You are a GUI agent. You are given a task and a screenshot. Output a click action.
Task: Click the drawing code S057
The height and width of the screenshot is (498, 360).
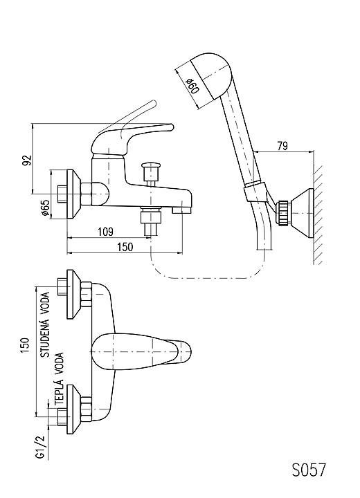309,470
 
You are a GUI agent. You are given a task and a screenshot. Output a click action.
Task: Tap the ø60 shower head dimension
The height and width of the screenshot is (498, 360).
192,86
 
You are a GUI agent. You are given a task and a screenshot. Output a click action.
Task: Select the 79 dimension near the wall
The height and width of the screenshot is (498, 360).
282,146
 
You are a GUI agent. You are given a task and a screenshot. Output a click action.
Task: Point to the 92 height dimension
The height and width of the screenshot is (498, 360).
28,160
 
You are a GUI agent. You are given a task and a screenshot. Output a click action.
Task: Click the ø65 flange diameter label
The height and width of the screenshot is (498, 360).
46,209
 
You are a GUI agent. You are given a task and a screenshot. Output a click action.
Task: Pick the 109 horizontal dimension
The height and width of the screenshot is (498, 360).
105,232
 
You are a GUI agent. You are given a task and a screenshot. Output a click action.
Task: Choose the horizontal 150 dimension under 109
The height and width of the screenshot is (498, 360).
125,247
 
